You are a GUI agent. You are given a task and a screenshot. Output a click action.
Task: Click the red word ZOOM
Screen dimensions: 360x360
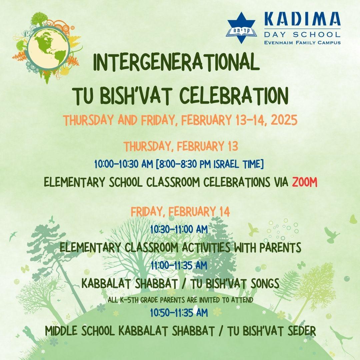(x=305, y=182)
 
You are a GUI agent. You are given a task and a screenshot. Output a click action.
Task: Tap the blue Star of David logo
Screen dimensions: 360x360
(x=241, y=28)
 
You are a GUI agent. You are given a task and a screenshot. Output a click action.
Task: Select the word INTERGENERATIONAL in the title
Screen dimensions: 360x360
(x=176, y=62)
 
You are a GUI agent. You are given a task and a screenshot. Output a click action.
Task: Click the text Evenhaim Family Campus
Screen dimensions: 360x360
(x=302, y=42)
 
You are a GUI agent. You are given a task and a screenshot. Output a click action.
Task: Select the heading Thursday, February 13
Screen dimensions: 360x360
(x=181, y=146)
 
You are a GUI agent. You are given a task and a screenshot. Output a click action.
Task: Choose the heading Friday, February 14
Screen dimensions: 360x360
(x=180, y=211)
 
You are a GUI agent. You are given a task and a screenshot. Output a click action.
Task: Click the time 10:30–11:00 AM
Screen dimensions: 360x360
(x=179, y=229)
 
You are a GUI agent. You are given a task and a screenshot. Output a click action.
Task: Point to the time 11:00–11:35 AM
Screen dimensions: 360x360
(x=179, y=265)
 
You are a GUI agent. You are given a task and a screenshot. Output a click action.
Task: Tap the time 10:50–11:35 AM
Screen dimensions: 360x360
(x=179, y=312)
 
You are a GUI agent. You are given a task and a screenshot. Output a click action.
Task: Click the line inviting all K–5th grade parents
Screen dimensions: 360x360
(x=180, y=300)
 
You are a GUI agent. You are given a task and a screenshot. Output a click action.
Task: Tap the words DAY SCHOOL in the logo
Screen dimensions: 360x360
(x=302, y=35)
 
